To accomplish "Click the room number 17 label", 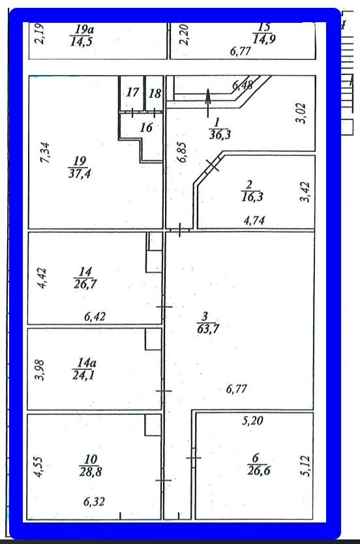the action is point(132,92).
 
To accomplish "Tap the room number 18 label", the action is point(155,93).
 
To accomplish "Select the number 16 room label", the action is point(146,127).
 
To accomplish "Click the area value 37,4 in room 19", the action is point(80,173).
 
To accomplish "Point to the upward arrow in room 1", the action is point(208,102).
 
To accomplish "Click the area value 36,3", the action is point(220,134).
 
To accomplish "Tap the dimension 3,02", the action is point(302,113).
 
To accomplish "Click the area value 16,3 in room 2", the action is point(252,197).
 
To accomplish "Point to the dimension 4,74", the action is point(254,220).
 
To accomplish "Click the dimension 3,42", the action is point(305,192).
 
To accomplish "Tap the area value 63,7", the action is point(208,328).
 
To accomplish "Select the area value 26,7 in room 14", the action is point(85,284).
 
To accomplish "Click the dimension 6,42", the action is point(95,316).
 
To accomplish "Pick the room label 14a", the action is point(84,363).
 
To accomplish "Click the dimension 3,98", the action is point(40,370).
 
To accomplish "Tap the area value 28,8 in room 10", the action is point(90,472).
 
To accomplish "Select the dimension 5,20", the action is point(252,421).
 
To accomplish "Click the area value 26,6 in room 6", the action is point(259,471).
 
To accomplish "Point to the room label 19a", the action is point(84,29).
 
